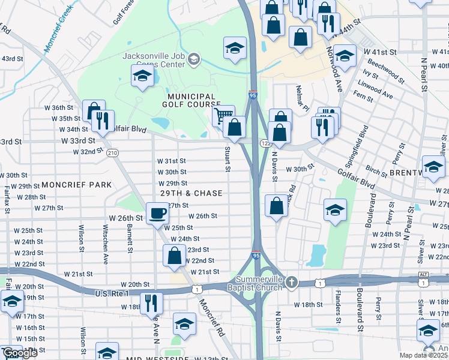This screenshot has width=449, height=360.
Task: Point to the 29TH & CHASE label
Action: tap(191, 194)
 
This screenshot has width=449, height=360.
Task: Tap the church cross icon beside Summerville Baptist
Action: tap(291, 282)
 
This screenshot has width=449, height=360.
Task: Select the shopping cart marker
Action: tap(223, 114)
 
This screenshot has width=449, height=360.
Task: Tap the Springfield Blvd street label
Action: tap(363, 139)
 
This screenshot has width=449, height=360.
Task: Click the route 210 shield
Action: tap(112, 154)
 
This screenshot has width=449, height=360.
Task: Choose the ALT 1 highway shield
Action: tap(424, 278)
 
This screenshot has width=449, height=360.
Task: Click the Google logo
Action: tap(20, 353)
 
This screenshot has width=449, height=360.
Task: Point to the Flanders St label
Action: tap(339, 306)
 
